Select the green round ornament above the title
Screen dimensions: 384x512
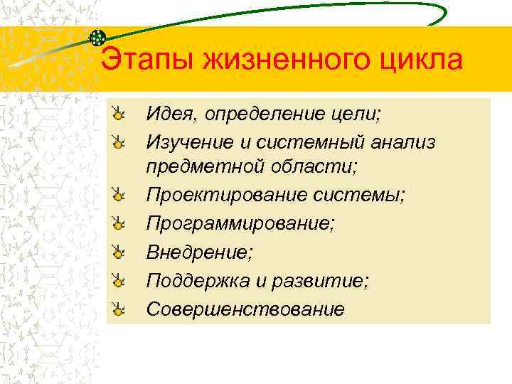click(x=99, y=37)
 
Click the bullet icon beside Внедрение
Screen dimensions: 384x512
click(x=120, y=252)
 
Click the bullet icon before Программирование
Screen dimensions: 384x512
click(x=120, y=223)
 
